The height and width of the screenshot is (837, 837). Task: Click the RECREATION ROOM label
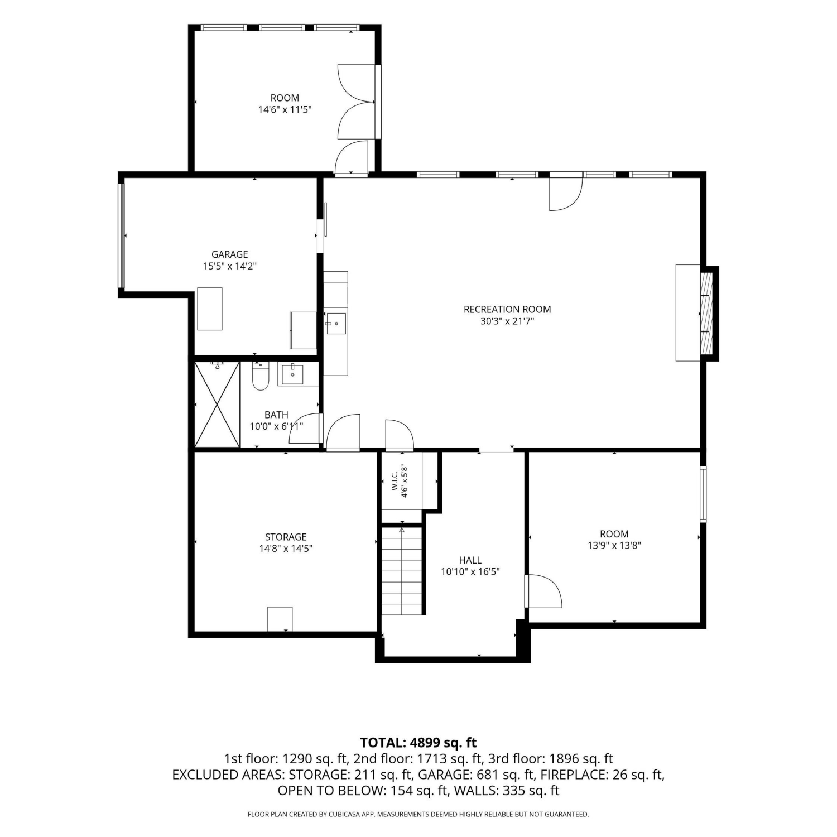pos(507,309)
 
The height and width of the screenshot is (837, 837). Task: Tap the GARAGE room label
pos(229,254)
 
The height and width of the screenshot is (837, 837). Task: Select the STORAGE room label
pos(286,537)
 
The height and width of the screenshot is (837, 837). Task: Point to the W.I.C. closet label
pos(395,482)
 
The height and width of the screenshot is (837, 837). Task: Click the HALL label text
pos(470,560)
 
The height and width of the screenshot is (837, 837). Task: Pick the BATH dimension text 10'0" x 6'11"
pos(276,426)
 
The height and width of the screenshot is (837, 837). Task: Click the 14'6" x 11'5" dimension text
pos(285,110)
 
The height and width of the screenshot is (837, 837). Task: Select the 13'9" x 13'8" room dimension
pos(614,546)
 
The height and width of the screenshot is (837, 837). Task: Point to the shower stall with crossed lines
pos(217,404)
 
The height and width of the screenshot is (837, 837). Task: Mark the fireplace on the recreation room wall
pos(707,313)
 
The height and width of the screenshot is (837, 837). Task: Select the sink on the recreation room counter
pos(336,324)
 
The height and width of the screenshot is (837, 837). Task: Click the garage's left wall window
pos(122,235)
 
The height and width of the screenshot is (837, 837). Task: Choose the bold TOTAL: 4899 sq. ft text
pos(419,743)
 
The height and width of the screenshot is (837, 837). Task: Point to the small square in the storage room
pos(280,619)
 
